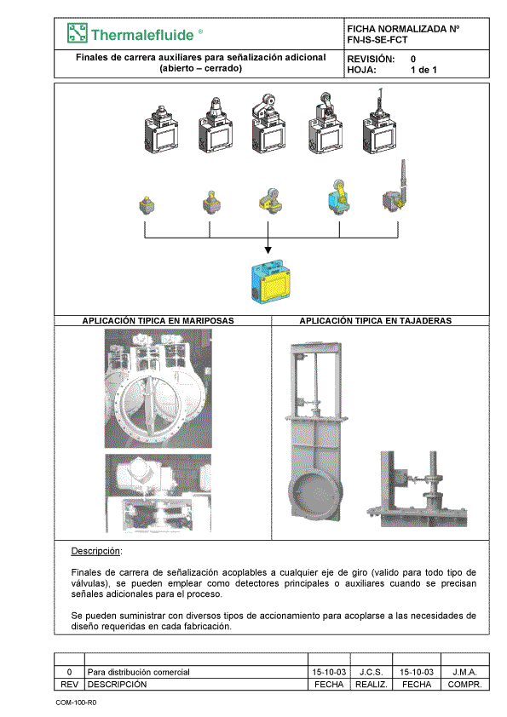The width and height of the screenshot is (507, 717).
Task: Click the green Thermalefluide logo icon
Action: pos(78,33)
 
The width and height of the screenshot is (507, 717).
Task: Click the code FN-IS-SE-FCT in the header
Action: pos(377,40)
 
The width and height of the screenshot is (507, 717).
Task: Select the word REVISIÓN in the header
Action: pos(371,59)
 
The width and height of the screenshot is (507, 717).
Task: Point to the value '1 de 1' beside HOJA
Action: pos(423,70)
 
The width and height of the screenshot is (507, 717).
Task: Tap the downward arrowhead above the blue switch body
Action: pos(268,250)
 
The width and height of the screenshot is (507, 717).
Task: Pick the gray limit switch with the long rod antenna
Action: pos(379,122)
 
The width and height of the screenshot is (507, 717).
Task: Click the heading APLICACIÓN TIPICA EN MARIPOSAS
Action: pos(158,321)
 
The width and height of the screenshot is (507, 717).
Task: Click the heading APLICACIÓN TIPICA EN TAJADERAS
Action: pos(376,321)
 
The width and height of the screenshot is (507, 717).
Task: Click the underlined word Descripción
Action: pos(95,551)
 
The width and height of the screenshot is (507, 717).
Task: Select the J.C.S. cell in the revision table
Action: pos(372,672)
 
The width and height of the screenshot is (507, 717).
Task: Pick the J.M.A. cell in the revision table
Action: pos(465,672)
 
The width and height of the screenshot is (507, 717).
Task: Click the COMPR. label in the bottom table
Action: pos(465,685)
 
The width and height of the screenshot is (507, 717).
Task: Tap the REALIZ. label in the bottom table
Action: pos(372,685)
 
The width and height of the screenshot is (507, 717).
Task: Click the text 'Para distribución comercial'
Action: pos(138,672)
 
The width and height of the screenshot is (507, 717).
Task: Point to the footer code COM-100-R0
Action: pos(76,703)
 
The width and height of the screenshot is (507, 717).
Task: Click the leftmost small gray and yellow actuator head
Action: pos(147,204)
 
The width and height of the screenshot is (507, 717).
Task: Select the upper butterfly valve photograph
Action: pos(158,388)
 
